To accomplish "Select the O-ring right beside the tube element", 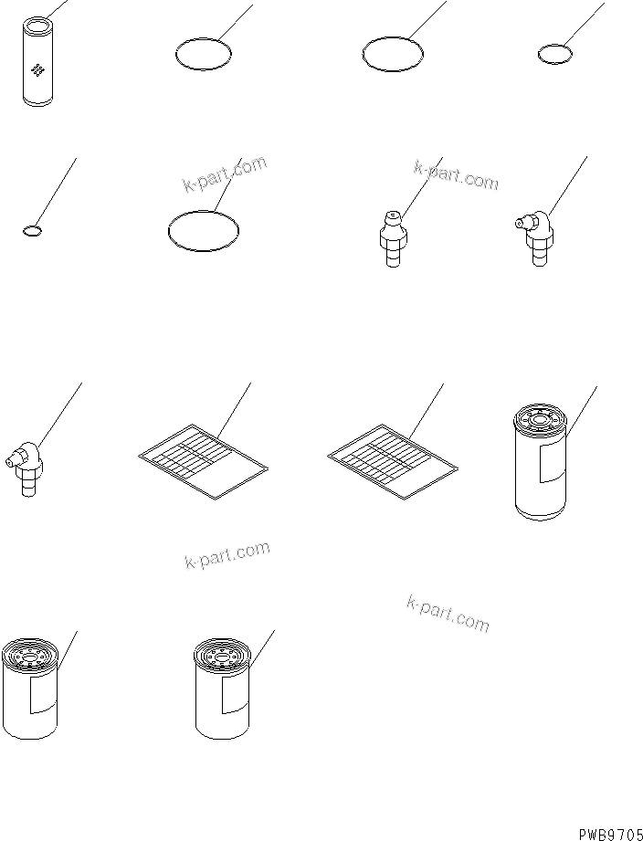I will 203,54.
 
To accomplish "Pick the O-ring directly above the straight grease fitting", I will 393,55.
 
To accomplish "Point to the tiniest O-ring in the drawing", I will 31,231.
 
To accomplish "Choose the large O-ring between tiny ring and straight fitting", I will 205,228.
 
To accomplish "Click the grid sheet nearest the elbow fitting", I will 203,460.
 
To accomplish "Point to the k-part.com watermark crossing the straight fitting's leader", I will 456,174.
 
